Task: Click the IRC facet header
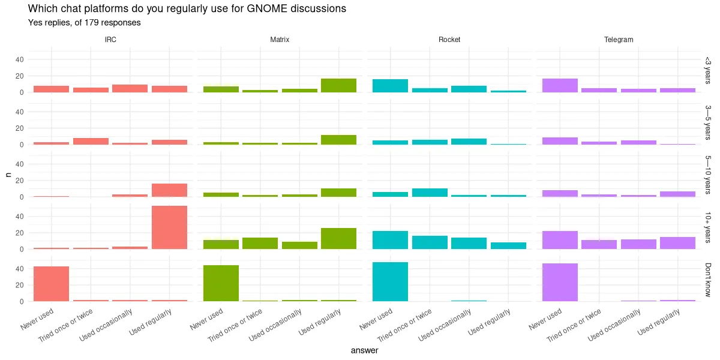pyautogui.click(x=110, y=40)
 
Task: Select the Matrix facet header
pyautogui.click(x=280, y=40)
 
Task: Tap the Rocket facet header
pyautogui.click(x=449, y=40)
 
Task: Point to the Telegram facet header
pyautogui.click(x=619, y=40)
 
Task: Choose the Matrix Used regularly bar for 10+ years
pyautogui.click(x=339, y=238)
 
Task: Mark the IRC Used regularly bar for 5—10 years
pyautogui.click(x=169, y=190)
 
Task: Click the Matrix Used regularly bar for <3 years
pyautogui.click(x=339, y=85)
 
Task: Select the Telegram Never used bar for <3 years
pyautogui.click(x=560, y=85)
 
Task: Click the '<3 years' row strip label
pyautogui.click(x=708, y=70)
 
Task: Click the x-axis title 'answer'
pyautogui.click(x=364, y=350)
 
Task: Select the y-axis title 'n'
pyautogui.click(x=8, y=175)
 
